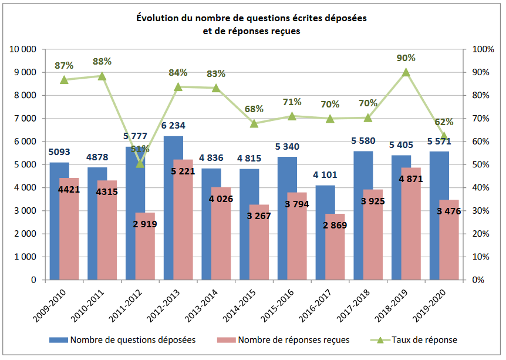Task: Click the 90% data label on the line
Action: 406,58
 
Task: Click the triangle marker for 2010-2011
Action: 102,76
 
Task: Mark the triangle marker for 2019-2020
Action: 444,135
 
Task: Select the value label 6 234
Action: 173,126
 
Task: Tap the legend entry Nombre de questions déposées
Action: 133,339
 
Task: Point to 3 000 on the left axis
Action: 27,211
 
